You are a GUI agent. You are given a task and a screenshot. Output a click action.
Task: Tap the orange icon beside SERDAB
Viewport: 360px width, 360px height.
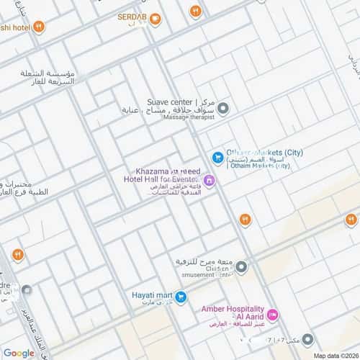155,19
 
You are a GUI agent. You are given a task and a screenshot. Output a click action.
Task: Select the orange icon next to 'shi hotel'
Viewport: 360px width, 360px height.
39,27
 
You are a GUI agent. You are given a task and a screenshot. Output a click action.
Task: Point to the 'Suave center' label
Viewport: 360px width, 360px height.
180,101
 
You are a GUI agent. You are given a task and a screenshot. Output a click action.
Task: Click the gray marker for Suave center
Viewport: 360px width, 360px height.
223,109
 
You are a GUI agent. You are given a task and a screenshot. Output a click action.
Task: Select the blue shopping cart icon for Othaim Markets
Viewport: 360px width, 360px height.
217,157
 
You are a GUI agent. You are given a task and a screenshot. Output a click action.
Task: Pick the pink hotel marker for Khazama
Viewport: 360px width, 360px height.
208,180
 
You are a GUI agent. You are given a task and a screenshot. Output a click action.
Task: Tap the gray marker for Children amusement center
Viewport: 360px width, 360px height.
242,267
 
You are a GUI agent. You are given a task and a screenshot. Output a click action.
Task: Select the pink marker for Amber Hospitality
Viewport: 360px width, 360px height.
272,315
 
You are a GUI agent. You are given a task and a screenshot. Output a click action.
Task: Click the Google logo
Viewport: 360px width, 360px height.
18,353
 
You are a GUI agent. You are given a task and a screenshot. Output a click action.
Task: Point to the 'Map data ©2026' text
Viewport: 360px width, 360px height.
335,356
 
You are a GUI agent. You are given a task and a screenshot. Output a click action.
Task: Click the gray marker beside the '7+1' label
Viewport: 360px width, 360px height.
307,338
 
